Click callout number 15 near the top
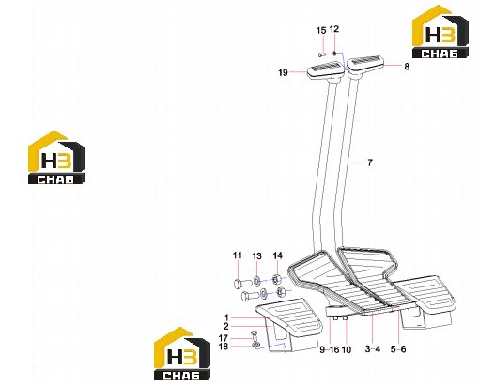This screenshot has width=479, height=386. pyautogui.click(x=321, y=31)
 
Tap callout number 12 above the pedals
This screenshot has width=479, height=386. pyautogui.click(x=334, y=29)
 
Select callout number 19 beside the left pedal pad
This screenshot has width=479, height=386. pyautogui.click(x=283, y=72)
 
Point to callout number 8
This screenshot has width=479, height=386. pyautogui.click(x=407, y=67)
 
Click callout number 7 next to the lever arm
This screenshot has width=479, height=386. pyautogui.click(x=370, y=162)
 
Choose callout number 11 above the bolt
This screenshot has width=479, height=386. pyautogui.click(x=238, y=255)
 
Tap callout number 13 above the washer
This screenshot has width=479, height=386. pyautogui.click(x=256, y=256)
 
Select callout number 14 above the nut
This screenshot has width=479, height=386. pyautogui.click(x=277, y=255)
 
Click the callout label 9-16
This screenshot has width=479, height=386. pyautogui.click(x=330, y=349)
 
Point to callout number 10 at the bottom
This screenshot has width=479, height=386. pyautogui.click(x=346, y=349)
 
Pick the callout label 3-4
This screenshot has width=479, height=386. pyautogui.click(x=373, y=349)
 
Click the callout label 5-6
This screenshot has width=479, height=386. pyautogui.click(x=398, y=349)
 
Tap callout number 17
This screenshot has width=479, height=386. pyautogui.click(x=224, y=338)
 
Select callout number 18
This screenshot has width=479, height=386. pyautogui.click(x=224, y=347)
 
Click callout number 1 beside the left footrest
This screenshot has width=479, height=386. pyautogui.click(x=226, y=317)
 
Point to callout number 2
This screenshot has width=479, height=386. pyautogui.click(x=226, y=326)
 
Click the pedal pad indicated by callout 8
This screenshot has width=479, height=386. pyautogui.click(x=364, y=65)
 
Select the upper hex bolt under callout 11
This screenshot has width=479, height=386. pyautogui.click(x=243, y=284)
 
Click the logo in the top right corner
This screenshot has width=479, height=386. pyautogui.click(x=440, y=32)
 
